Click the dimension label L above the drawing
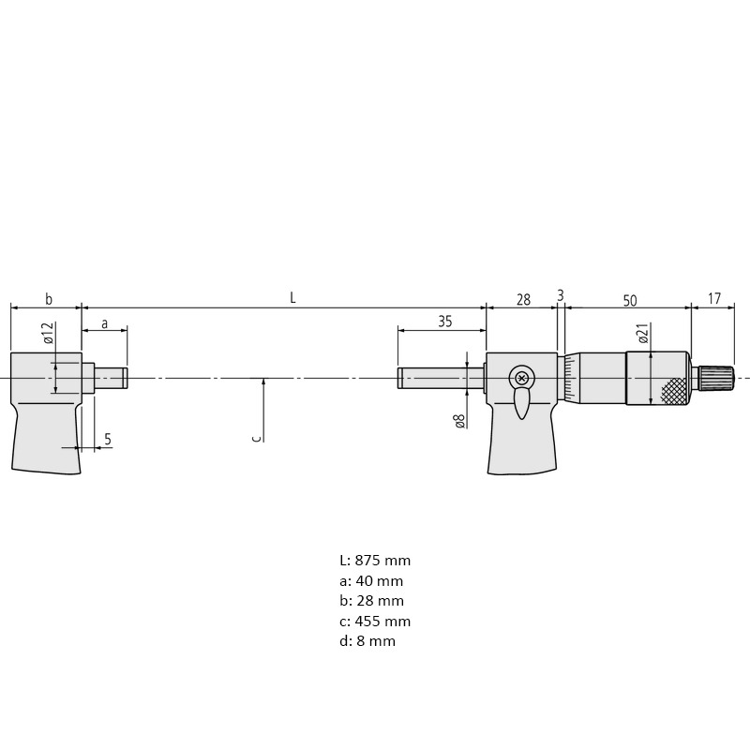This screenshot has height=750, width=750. (292, 298)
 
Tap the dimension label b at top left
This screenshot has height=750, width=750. (49, 299)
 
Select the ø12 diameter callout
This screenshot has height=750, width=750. (48, 333)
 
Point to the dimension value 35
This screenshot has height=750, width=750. (444, 322)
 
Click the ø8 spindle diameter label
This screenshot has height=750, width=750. (459, 421)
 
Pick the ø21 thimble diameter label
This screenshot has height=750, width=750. (643, 334)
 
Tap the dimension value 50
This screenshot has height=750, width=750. (630, 301)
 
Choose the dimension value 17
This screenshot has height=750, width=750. (713, 299)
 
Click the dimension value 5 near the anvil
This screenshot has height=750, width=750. (108, 439)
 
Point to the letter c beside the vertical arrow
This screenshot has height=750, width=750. (257, 438)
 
